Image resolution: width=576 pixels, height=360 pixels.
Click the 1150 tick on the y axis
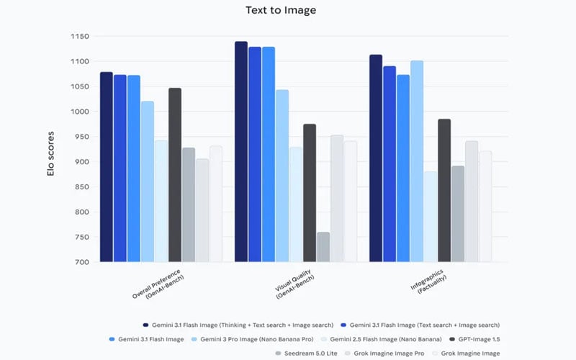coord(79,37)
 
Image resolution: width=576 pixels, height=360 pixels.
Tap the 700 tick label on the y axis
coord(81,262)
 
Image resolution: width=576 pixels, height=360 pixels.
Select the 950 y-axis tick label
coord(81,137)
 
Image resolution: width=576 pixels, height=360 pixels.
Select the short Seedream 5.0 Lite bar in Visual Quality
coord(323,247)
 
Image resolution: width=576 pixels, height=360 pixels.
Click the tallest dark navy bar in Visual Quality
coord(241,152)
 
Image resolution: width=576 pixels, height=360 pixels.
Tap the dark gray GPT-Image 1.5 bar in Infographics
coord(444,190)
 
